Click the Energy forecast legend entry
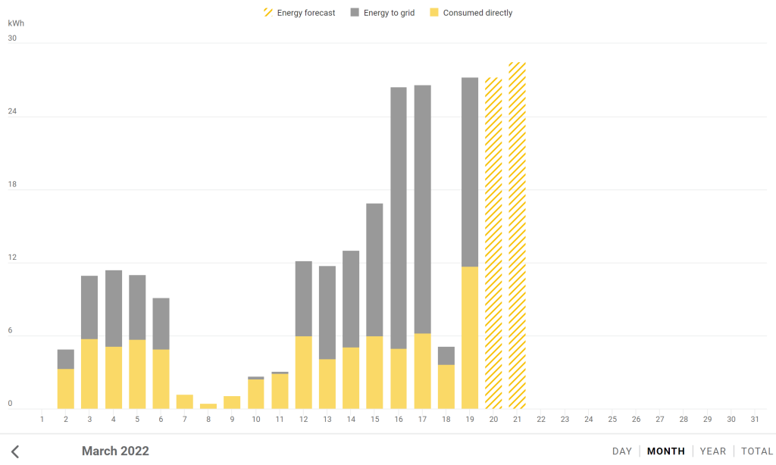pos(299,13)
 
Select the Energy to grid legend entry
pos(383,13)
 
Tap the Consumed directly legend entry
pos(471,13)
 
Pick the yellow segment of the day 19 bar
pos(470,337)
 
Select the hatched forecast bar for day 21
pos(518,235)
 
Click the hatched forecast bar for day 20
pos(493,242)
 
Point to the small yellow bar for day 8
pos(208,406)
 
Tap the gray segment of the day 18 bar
pos(446,355)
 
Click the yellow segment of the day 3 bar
pos(89,373)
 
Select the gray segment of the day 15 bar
pos(374,270)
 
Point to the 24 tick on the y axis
pos(12,112)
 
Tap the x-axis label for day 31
pos(754,419)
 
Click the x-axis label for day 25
pos(612,419)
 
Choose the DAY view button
pos(622,451)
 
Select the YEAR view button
pos(713,451)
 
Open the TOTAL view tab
pos(757,451)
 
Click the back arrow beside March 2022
pos(15,451)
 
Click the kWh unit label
pos(16,23)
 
